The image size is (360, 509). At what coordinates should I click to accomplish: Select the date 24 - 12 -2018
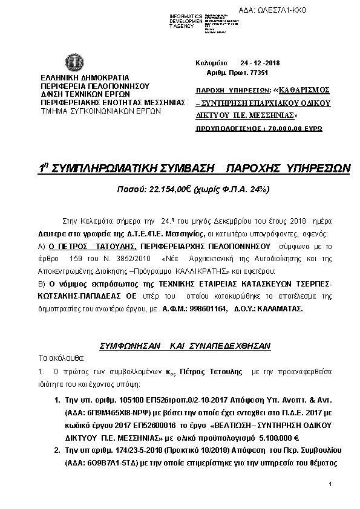click(256, 63)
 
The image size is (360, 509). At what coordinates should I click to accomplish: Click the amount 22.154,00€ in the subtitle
click(162, 190)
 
